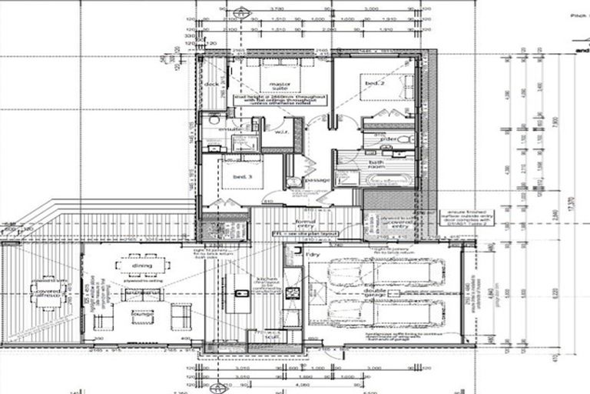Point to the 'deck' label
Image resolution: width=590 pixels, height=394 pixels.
(210, 84)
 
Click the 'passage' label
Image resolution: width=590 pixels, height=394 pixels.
(317, 179)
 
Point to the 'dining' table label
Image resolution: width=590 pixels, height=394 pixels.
(141, 266)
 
